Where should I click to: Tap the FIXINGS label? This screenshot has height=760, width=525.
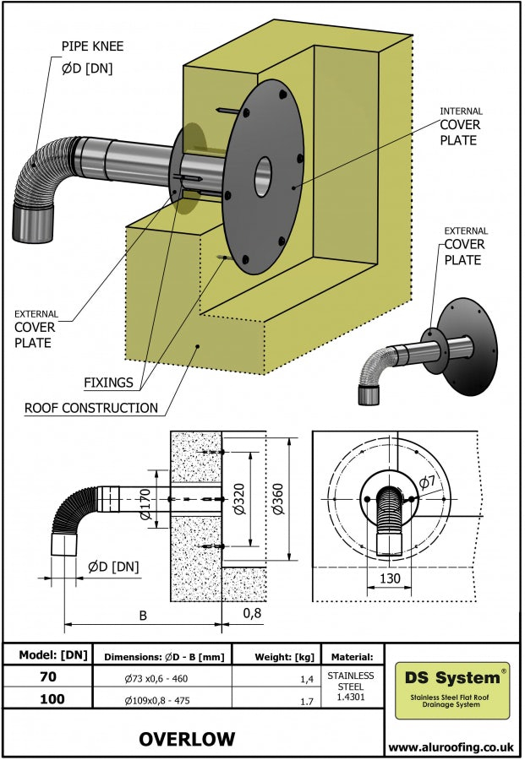click(108, 383)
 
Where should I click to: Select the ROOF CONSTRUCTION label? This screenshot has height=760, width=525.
click(91, 408)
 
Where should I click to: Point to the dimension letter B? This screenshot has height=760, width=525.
click(143, 616)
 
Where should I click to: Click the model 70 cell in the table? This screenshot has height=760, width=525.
click(47, 676)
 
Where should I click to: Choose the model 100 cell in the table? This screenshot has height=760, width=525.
click(47, 698)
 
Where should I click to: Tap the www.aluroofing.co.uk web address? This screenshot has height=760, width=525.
click(452, 746)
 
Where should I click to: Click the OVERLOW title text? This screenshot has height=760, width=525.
click(187, 739)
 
